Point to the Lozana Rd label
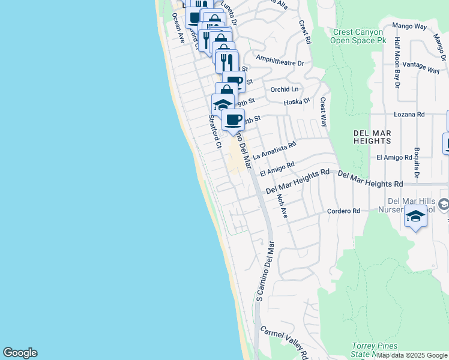pos(409,114)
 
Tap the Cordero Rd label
pos(343,211)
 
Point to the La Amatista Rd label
pos(274,151)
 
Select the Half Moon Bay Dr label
pos(397,62)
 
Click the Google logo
pos(20,353)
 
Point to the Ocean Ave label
pos(178,28)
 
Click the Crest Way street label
pos(323,112)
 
